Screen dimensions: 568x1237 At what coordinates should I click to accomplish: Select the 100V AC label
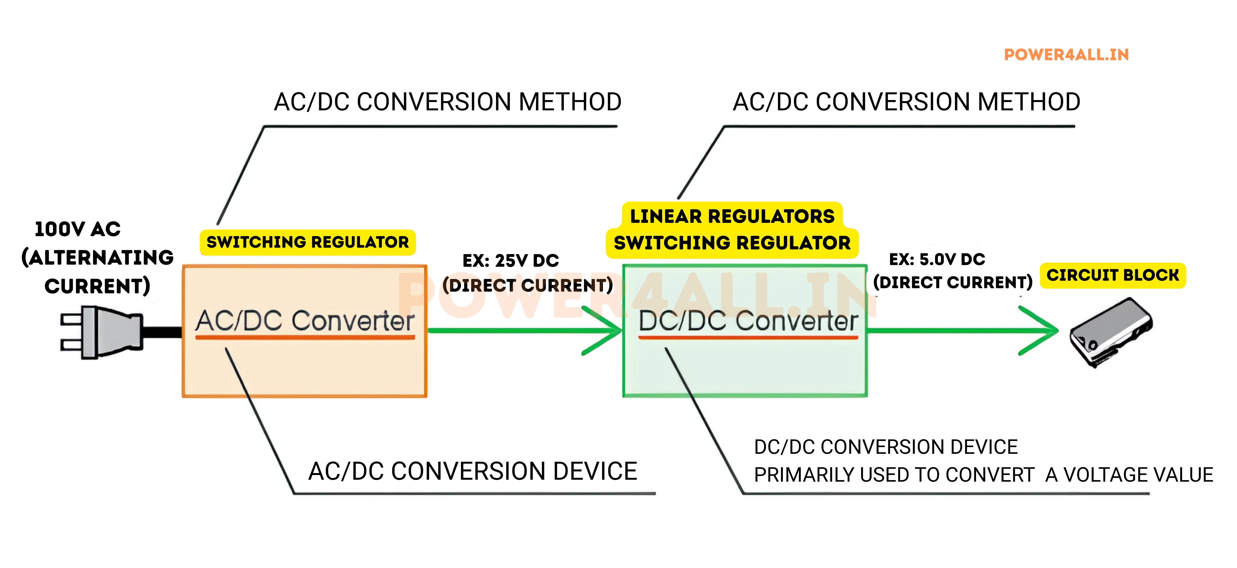[78, 229]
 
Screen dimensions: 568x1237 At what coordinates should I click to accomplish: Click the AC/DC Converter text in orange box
[305, 321]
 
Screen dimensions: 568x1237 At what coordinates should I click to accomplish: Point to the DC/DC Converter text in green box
[748, 321]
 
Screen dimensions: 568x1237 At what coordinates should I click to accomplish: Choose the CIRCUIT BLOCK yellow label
[1113, 275]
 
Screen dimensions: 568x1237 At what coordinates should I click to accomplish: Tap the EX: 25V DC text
[511, 261]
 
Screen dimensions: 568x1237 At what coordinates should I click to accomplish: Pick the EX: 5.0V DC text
[937, 259]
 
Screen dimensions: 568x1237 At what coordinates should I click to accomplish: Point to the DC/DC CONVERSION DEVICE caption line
[886, 447]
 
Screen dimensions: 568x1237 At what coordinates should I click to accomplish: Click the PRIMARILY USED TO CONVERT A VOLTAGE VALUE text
[983, 475]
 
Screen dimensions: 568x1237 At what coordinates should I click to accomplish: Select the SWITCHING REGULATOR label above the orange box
[307, 242]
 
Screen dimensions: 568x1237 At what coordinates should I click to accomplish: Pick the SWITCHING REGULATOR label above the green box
[732, 243]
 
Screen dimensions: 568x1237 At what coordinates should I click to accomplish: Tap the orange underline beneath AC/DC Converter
[305, 338]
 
